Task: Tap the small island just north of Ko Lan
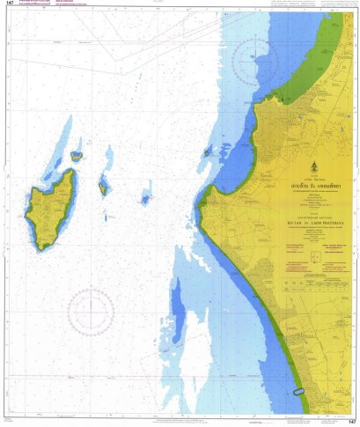(x=77, y=156)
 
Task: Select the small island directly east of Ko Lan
(x=103, y=187)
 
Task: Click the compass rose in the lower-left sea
(x=91, y=312)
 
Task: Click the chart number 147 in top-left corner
(x=9, y=4)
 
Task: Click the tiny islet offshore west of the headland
(x=208, y=152)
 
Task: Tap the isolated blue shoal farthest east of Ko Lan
(x=145, y=200)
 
